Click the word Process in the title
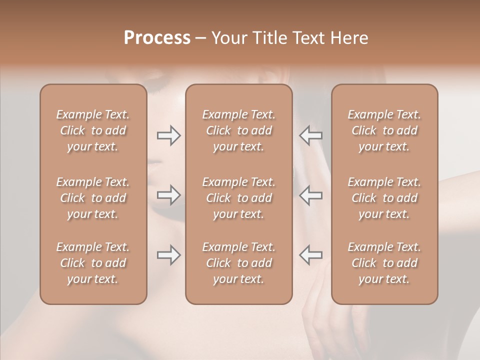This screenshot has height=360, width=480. click(157, 38)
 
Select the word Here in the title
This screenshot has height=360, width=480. click(349, 38)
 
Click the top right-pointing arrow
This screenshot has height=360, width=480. click(168, 135)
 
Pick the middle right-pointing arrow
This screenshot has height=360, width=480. click(168, 194)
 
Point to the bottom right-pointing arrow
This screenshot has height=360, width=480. click(168, 255)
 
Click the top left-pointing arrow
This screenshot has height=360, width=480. click(310, 135)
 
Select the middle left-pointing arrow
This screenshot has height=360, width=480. click(310, 194)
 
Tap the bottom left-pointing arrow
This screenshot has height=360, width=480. click(310, 255)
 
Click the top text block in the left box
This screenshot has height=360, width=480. click(93, 130)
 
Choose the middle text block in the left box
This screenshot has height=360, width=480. click(93, 198)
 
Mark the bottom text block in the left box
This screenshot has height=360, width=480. click(93, 263)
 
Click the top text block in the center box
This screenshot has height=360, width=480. click(239, 130)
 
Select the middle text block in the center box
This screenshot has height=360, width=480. click(239, 198)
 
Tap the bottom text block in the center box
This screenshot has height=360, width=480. click(239, 263)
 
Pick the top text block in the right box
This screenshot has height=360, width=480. click(384, 130)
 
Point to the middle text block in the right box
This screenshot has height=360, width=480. click(384, 198)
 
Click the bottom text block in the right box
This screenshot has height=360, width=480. click(384, 263)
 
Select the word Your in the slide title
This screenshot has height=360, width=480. click(228, 38)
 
